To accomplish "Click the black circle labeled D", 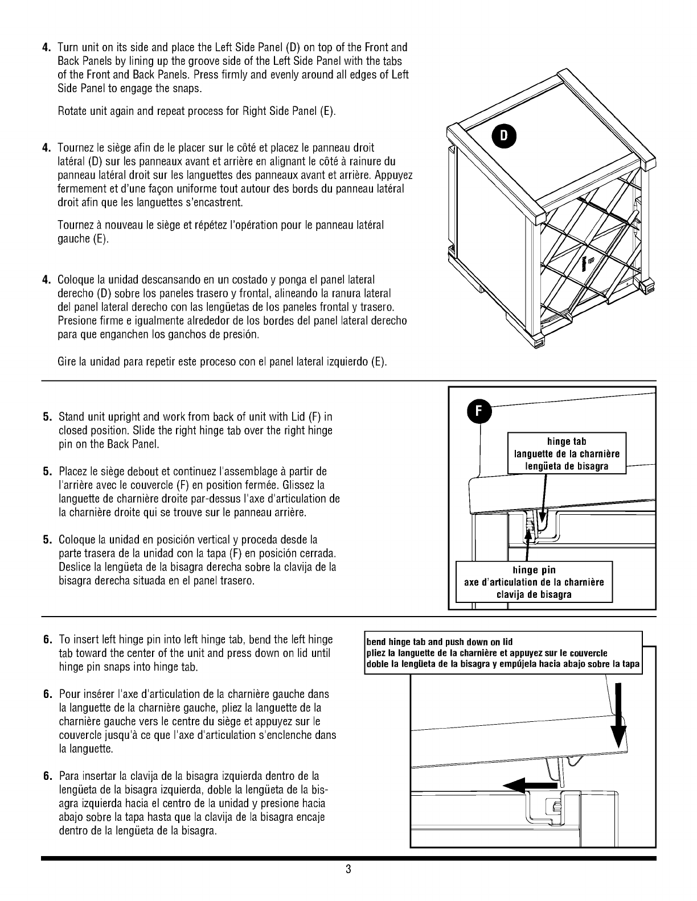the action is pyautogui.click(x=504, y=136).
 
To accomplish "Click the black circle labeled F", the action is pyautogui.click(x=479, y=412).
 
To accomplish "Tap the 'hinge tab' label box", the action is pyautogui.click(x=567, y=453).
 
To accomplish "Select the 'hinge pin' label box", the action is pyautogui.click(x=534, y=582).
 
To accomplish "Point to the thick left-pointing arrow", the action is pyautogui.click(x=530, y=785).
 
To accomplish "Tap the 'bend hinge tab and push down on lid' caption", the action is pyautogui.click(x=439, y=642).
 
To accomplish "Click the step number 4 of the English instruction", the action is pyautogui.click(x=47, y=47).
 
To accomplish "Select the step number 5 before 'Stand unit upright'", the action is pyautogui.click(x=47, y=417).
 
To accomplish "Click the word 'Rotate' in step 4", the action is pyautogui.click(x=72, y=111).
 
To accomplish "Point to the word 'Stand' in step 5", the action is pyautogui.click(x=72, y=417).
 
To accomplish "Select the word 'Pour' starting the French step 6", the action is pyautogui.click(x=68, y=695).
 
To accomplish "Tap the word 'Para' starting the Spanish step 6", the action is pyautogui.click(x=69, y=776).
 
